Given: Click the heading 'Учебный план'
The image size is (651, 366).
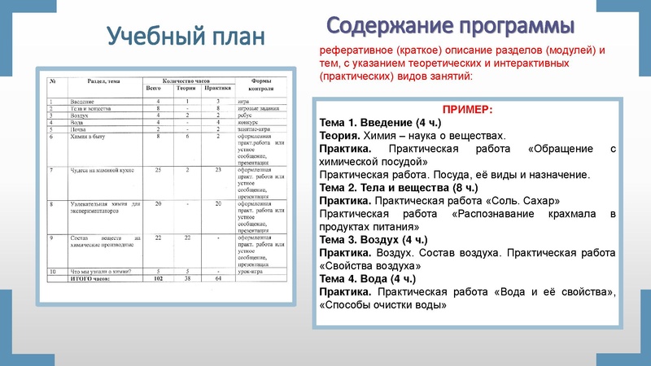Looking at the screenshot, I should click(x=186, y=37).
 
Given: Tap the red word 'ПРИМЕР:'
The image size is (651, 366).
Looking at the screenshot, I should click(x=467, y=109).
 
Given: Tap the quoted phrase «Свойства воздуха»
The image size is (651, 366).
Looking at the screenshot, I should click(x=371, y=265).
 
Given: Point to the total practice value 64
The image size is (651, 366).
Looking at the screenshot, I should click(x=218, y=277).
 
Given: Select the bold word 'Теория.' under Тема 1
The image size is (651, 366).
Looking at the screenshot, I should click(x=339, y=136).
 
